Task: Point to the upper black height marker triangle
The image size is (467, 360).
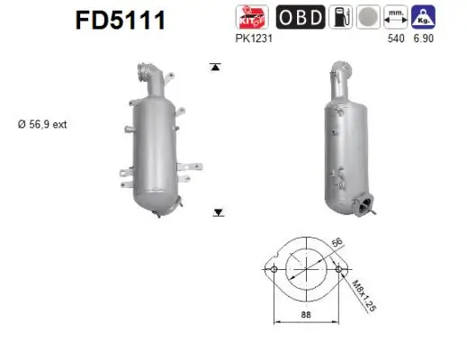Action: coord(215,67)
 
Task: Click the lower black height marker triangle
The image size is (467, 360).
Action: coord(218,212)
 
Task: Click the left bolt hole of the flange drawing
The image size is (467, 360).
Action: coord(270,269)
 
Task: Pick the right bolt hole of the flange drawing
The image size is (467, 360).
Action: coord(337,269)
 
